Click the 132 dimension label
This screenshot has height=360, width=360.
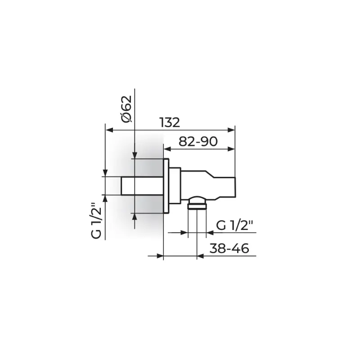point(170,122)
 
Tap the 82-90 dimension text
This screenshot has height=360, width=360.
point(198,141)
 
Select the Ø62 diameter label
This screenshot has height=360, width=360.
point(127,109)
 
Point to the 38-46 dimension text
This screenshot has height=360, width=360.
point(229,248)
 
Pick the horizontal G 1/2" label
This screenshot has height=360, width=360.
point(234,225)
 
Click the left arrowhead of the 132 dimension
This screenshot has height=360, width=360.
point(109,130)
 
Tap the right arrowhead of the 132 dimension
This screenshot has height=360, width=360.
point(231,130)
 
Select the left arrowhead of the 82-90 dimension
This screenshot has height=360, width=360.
point(167,149)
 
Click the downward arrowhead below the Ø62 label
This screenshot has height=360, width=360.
point(135,155)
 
